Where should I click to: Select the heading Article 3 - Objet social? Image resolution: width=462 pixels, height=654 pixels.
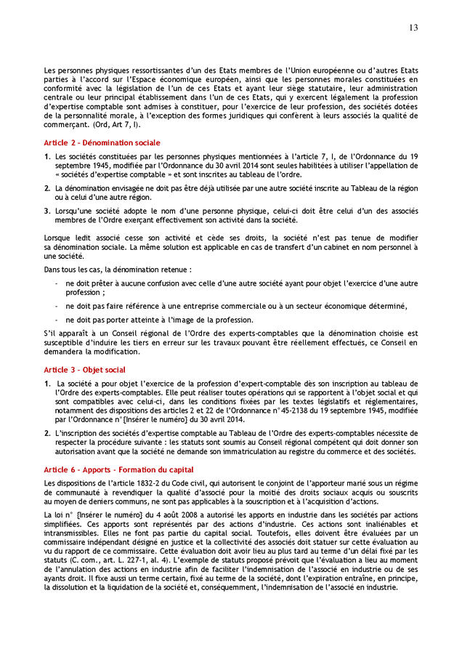pos(84,370)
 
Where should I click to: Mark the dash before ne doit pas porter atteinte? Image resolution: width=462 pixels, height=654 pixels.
pos(57,320)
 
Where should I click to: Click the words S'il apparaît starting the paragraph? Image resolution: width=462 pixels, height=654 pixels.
pos(61,333)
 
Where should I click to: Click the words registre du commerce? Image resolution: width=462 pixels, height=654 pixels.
pos(325,451)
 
